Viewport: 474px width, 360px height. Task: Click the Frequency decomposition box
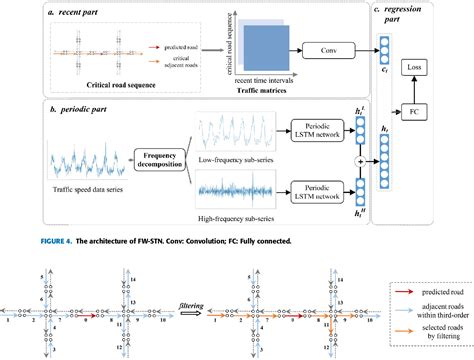[x=170, y=162]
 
